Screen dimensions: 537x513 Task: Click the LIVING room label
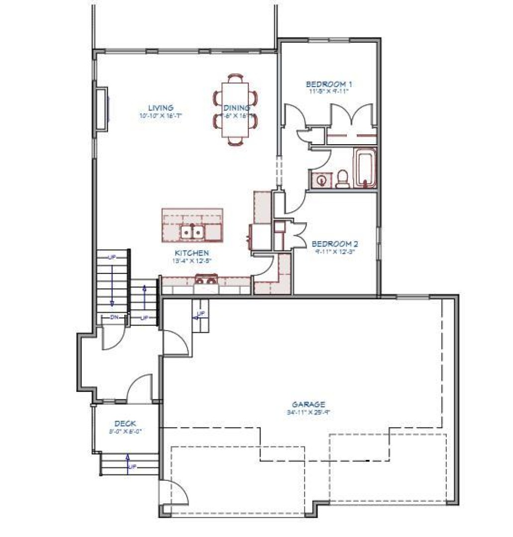161,108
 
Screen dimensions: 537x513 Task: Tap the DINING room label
237,108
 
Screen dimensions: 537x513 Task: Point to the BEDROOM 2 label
335,244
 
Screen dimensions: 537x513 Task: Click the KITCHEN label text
192,253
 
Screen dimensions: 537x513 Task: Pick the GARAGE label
308,405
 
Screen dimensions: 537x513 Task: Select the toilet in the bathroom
342,179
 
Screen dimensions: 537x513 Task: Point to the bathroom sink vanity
321,179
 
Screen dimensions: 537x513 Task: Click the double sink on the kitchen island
192,232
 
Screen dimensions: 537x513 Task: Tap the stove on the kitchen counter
206,280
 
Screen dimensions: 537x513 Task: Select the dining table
235,110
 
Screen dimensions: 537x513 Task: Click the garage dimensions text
308,412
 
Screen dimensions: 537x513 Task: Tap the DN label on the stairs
114,317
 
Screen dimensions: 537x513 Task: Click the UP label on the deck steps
132,467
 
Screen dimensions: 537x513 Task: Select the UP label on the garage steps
201,314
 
